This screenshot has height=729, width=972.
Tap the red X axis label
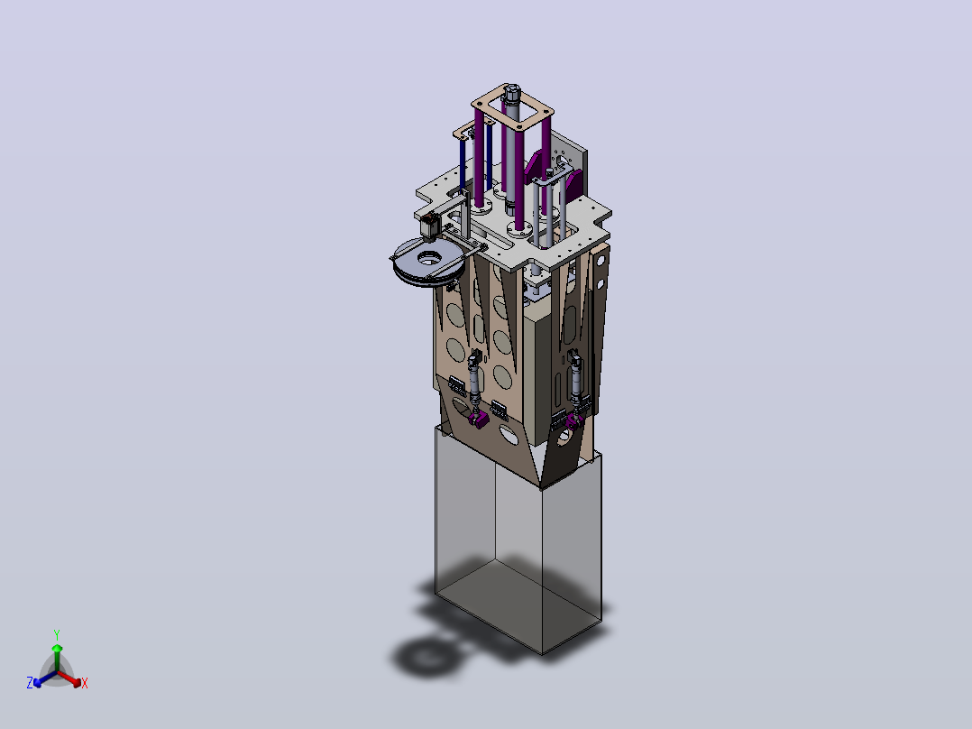(85, 683)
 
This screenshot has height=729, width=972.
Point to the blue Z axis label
(30, 682)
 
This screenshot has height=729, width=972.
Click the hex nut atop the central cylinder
(511, 96)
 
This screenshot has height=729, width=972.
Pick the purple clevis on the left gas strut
(479, 420)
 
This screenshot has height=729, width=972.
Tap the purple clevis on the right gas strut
(574, 422)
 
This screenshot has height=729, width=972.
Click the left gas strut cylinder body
(475, 378)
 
